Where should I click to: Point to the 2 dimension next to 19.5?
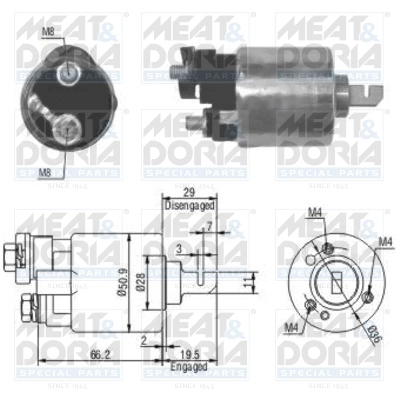coord(144,343)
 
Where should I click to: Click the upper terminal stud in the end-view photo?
coord(68,72)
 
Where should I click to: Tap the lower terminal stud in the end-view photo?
coord(66,125)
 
